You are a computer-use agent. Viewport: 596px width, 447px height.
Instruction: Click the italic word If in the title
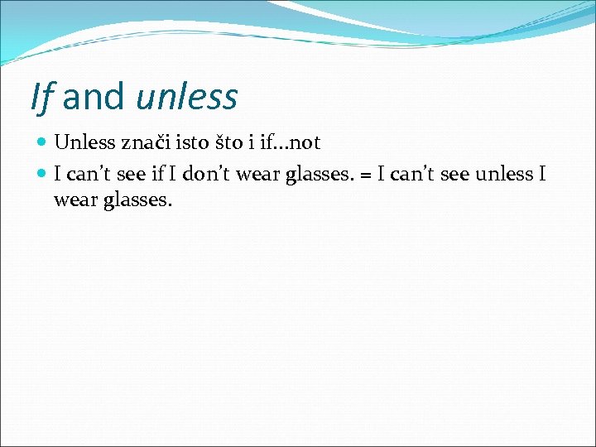pos(41,97)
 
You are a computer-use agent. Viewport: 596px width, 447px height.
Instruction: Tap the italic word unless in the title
pos(186,97)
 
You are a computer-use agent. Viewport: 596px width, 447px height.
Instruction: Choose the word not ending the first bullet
pos(304,142)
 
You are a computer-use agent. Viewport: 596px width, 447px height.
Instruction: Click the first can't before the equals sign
pos(89,174)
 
